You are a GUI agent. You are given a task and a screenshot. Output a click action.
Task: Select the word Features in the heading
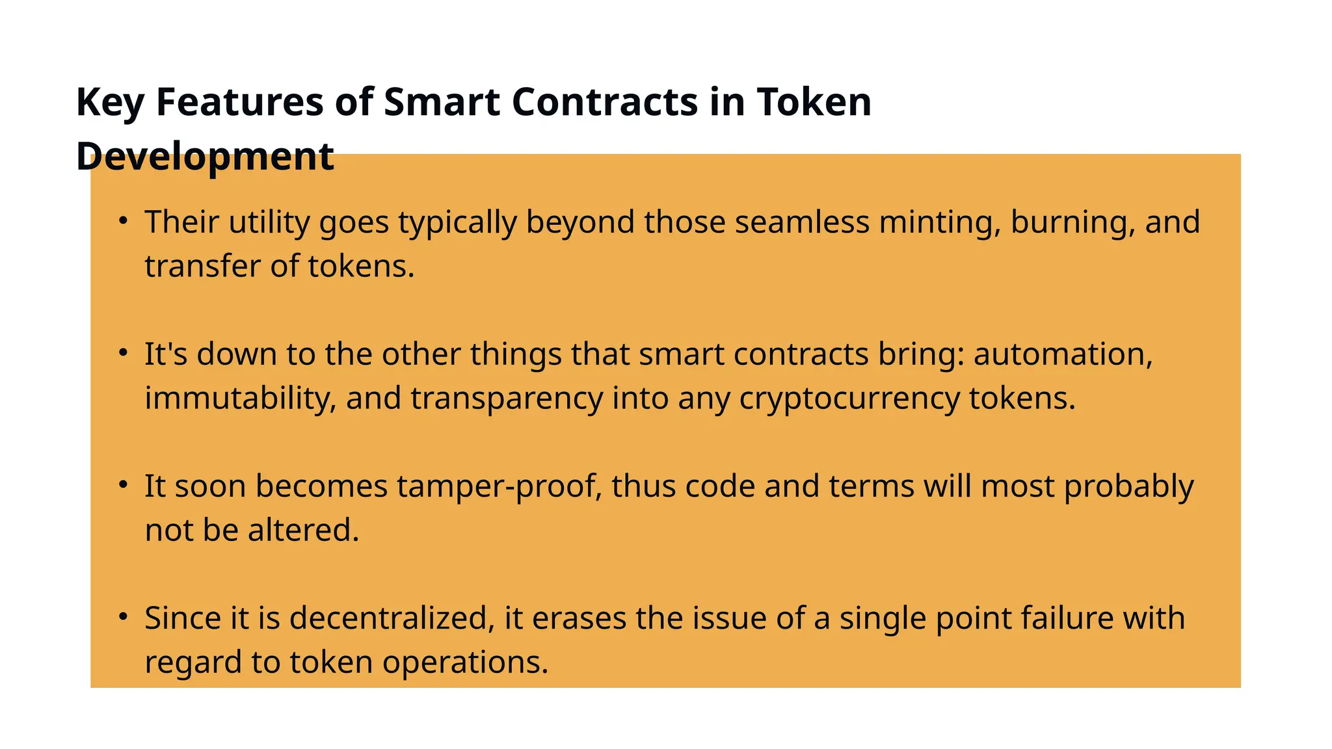tap(239, 103)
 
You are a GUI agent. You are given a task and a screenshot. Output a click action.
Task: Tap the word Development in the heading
tap(205, 157)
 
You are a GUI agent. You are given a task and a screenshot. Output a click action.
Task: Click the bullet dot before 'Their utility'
tap(123, 220)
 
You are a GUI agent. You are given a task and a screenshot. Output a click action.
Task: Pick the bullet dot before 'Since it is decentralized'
tap(123, 616)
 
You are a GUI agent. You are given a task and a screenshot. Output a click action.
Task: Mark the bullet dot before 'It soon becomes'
tap(123, 484)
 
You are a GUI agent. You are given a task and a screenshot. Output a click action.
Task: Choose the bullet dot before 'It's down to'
tap(123, 352)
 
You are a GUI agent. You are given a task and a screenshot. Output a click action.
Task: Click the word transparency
tap(507, 399)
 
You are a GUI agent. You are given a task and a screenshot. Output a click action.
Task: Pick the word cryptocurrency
tap(849, 399)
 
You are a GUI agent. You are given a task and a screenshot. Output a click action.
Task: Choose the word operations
tap(466, 663)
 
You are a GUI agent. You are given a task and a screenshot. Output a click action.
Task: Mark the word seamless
tap(802, 222)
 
